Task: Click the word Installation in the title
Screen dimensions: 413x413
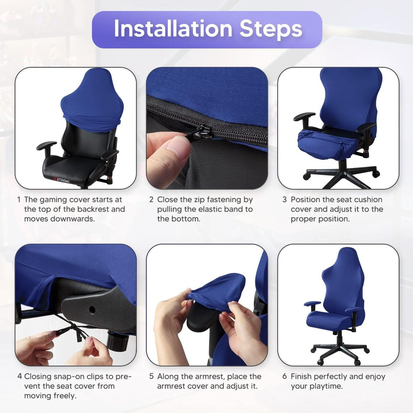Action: pos(173,29)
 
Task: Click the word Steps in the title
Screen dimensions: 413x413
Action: pos(271,30)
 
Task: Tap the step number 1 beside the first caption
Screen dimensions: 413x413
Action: pos(19,200)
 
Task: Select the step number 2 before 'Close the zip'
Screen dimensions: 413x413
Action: pos(151,200)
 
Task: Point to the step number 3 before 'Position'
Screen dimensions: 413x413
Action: pos(284,200)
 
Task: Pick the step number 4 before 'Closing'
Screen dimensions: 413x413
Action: pos(20,377)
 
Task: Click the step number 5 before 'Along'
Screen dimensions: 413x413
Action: pos(151,377)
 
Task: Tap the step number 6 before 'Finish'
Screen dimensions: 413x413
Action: pos(285,377)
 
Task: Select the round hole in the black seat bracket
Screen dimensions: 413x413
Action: pos(92,309)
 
